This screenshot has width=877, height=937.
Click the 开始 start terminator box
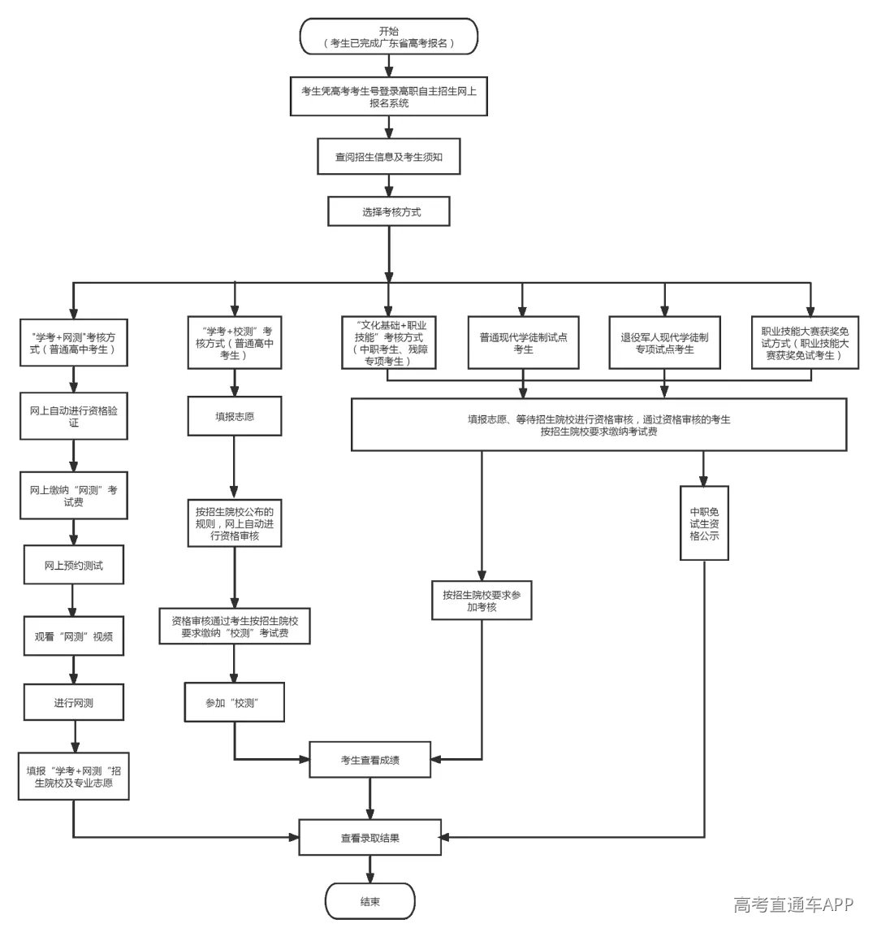tap(389, 37)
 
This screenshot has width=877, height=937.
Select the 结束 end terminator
tap(370, 901)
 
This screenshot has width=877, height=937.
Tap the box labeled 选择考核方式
tap(389, 211)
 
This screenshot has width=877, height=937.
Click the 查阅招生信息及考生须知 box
tap(389, 157)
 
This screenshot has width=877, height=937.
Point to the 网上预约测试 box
tap(73, 565)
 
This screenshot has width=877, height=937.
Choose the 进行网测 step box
tap(73, 702)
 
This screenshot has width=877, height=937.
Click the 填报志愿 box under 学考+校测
tap(235, 416)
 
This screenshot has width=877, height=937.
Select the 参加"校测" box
tap(234, 702)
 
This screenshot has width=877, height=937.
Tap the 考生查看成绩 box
tap(370, 760)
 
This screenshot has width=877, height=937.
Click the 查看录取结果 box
tap(370, 838)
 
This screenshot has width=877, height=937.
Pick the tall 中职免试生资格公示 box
tap(705, 523)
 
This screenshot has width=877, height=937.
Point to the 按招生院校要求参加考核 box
tap(482, 601)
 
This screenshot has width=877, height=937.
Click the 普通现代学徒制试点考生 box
tap(524, 343)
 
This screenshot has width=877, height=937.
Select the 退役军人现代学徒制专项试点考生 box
tap(664, 343)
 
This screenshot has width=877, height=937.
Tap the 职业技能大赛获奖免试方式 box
tap(805, 343)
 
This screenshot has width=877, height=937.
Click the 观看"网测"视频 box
tap(73, 636)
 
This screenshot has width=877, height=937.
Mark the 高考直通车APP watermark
tap(793, 904)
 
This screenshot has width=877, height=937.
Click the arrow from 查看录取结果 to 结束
tap(370, 870)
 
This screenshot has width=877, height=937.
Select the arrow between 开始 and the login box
tap(389, 66)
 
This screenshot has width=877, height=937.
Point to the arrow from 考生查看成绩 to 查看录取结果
tap(370, 798)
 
